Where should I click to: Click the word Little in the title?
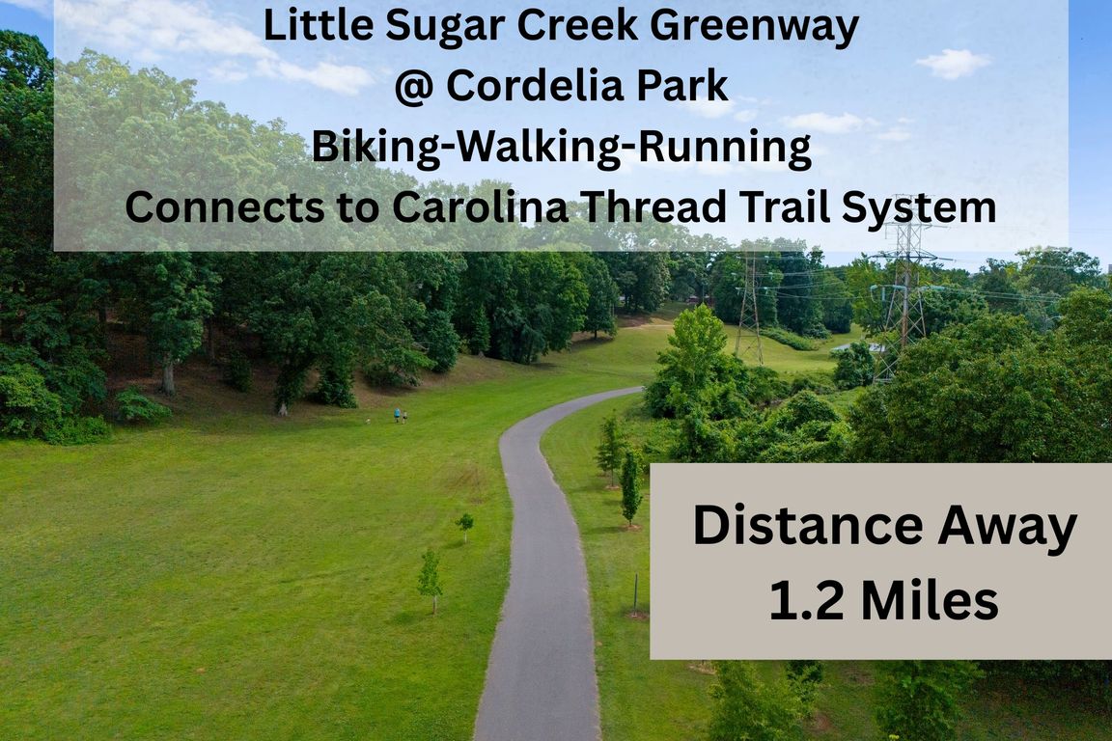pyautogui.click(x=319, y=25)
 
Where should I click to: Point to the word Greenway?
pyautogui.click(x=755, y=27)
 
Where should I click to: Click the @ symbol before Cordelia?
pyautogui.click(x=413, y=87)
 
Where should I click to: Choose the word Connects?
pyautogui.click(x=223, y=207)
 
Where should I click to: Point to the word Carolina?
pyautogui.click(x=480, y=207)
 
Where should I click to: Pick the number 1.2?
pyautogui.click(x=806, y=600)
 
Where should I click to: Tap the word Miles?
pyautogui.click(x=929, y=600)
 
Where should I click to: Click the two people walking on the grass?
pyautogui.click(x=401, y=416)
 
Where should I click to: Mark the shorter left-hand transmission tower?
pyautogui.click(x=749, y=306)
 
